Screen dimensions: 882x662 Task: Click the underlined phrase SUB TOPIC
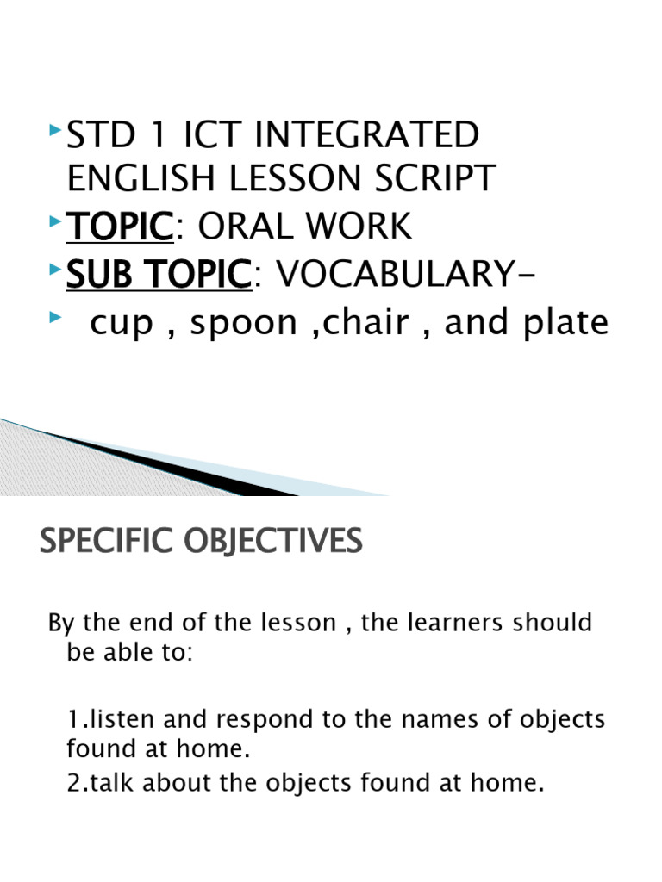click(158, 275)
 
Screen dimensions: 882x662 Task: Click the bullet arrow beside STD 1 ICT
click(54, 130)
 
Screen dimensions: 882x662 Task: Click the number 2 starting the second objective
click(72, 784)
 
